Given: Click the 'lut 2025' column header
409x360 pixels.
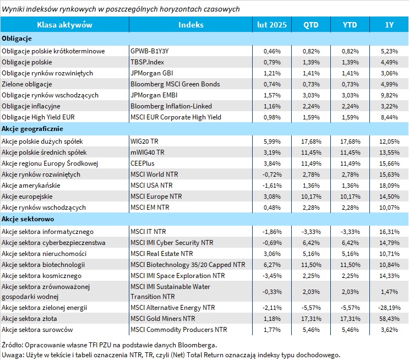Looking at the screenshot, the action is pyautogui.click(x=272, y=25).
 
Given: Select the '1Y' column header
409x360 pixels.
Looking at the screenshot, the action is pyautogui.click(x=389, y=25).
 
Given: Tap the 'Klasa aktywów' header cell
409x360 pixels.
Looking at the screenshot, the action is pyautogui.click(x=64, y=25).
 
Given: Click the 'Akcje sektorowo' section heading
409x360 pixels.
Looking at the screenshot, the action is pyautogui.click(x=28, y=219).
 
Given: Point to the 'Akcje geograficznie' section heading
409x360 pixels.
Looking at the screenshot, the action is pyautogui.click(x=32, y=129).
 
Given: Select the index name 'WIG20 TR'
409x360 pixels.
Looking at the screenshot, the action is pyautogui.click(x=144, y=141).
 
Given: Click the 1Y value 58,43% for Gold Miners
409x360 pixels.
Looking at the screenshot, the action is pyautogui.click(x=389, y=319).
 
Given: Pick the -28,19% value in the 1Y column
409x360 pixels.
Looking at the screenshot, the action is pyautogui.click(x=389, y=308).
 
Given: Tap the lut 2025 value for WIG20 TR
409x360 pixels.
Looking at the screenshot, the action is pyautogui.click(x=272, y=141).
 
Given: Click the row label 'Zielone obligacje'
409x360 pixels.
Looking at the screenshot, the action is pyautogui.click(x=27, y=84).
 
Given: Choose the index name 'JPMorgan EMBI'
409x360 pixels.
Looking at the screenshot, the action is pyautogui.click(x=154, y=95).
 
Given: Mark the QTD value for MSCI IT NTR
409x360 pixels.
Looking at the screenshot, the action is pyautogui.click(x=311, y=232).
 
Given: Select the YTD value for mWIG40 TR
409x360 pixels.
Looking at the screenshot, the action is pyautogui.click(x=350, y=152).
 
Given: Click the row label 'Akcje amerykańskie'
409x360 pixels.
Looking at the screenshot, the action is pyautogui.click(x=31, y=186).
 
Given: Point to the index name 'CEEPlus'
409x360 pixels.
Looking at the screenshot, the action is pyautogui.click(x=143, y=163).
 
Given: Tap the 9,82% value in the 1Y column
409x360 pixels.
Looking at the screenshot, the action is pyautogui.click(x=389, y=95).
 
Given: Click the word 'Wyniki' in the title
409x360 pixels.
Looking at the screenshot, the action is pyautogui.click(x=13, y=9).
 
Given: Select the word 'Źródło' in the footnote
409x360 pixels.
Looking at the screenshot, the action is pyautogui.click(x=12, y=345).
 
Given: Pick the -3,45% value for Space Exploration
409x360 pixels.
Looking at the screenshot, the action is pyautogui.click(x=272, y=276).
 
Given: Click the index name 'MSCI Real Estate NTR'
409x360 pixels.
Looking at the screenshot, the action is pyautogui.click(x=162, y=254).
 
